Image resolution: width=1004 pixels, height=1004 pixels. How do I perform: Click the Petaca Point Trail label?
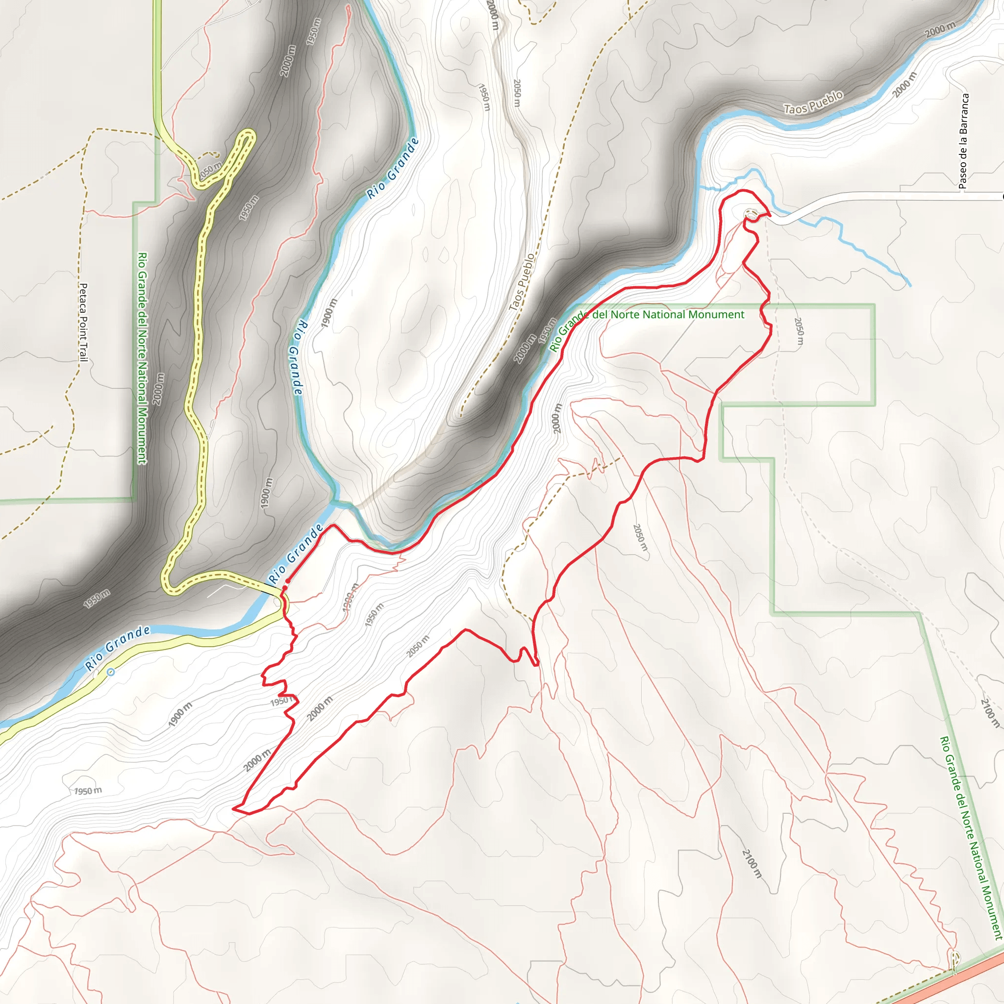[x=83, y=322]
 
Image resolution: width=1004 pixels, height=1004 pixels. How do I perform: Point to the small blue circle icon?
[x=111, y=672]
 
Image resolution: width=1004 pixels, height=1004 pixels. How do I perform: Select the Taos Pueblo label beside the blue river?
[x=813, y=102]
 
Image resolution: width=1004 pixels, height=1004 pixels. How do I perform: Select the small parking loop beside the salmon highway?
[x=955, y=957]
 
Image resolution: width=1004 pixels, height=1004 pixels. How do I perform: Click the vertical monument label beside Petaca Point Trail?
[x=142, y=358]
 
